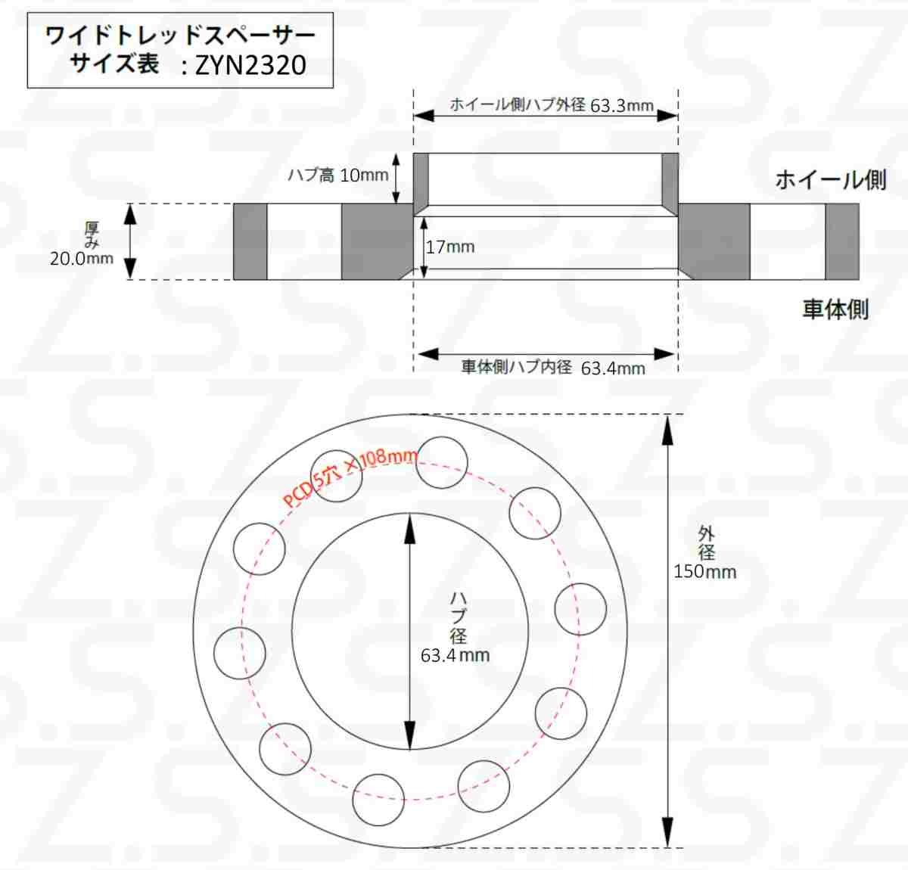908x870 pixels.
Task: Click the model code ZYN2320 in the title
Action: pos(250,65)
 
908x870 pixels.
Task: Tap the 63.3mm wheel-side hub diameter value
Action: pos(621,106)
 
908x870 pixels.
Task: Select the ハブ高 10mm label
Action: pos(337,176)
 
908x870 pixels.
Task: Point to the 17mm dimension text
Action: pos(450,247)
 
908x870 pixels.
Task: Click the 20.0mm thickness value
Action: pos(82,259)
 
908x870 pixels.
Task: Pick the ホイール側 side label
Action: pos(831,180)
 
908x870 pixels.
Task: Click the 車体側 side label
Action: pos(835,309)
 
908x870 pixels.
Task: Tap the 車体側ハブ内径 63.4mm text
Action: pos(553,368)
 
